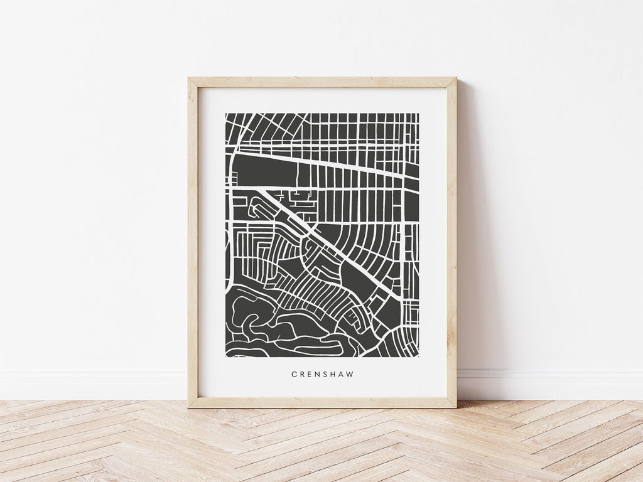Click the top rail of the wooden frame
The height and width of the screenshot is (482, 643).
[321, 82]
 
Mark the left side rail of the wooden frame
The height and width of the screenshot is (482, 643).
[193, 245]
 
